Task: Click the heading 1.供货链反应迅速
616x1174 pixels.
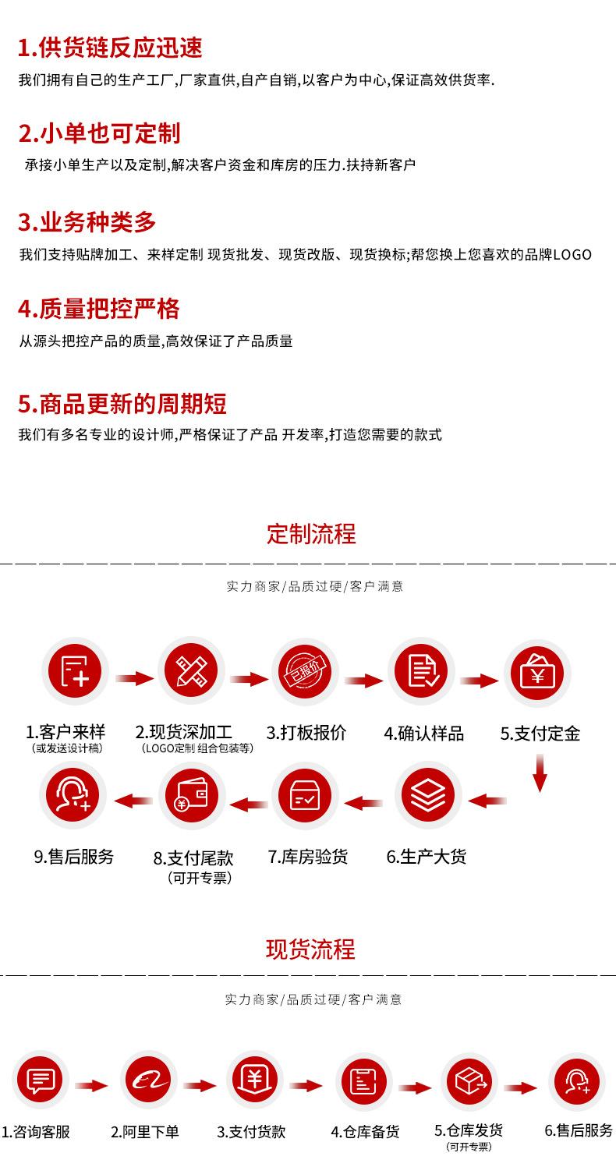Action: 110,48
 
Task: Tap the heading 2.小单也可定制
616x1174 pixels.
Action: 99,133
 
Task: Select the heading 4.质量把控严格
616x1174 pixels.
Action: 99,309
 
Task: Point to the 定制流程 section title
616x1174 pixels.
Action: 311,535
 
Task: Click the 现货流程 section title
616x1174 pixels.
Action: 310,949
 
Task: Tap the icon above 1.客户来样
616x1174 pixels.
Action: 75,671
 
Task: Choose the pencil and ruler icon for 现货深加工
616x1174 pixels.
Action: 191,671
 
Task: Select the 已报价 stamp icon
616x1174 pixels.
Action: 306,671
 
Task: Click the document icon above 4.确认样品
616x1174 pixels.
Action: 422,671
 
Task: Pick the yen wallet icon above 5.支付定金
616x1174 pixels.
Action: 537,671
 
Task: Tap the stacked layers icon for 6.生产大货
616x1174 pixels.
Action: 428,796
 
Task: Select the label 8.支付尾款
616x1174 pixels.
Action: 193,858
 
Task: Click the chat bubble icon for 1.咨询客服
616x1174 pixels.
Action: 41,1080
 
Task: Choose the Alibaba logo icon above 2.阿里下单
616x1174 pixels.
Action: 148,1080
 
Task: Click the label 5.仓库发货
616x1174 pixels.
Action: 469,1130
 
